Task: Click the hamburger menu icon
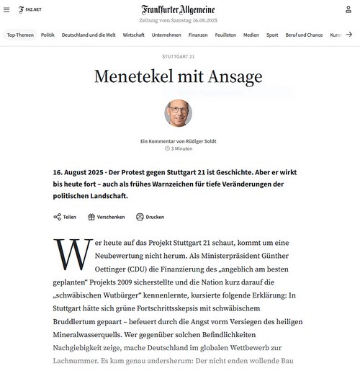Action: [x=6, y=9]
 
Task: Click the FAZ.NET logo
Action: [x=29, y=9]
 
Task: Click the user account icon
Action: [x=348, y=9]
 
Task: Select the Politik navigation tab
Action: [x=48, y=35]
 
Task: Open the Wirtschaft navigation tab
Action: [x=134, y=35]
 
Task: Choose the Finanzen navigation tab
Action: [x=198, y=35]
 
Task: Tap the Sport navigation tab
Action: [x=272, y=35]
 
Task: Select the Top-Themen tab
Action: [x=20, y=35]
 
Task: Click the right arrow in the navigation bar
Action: [x=348, y=35]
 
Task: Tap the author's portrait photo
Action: [x=178, y=113]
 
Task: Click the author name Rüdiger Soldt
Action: [x=197, y=140]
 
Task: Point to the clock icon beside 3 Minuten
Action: [x=167, y=148]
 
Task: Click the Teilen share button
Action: [x=65, y=217]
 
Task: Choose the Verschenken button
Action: [x=106, y=217]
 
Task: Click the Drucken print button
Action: [x=150, y=217]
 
